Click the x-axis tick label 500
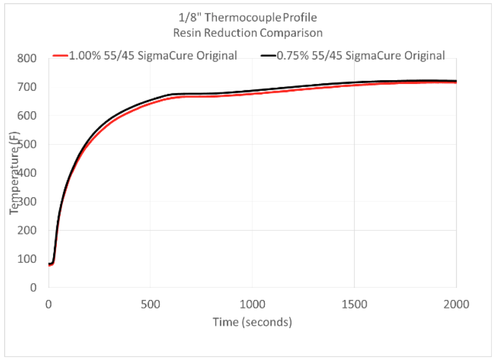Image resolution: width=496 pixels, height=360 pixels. [150, 304]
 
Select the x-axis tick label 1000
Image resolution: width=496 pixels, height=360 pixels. [252, 304]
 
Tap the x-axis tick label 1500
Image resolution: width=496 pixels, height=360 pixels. [354, 304]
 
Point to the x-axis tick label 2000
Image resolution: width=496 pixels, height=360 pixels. [456, 304]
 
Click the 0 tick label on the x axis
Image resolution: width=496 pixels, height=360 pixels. [49, 304]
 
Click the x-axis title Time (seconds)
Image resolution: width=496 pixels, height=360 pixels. [252, 322]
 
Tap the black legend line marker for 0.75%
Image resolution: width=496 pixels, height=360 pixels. [268, 55]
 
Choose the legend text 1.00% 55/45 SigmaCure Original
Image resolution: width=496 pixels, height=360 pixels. [153, 55]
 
